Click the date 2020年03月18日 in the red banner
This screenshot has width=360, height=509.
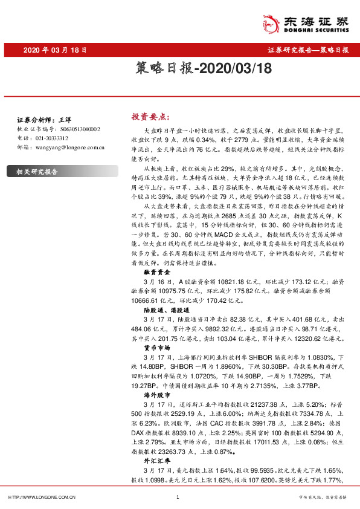[55, 51]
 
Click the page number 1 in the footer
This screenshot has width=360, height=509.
[178, 497]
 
